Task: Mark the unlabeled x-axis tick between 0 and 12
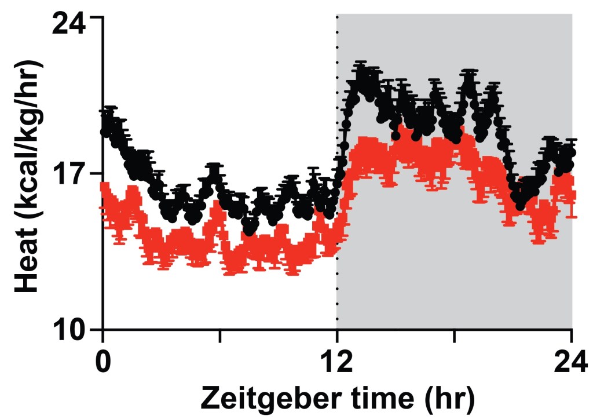[x=219, y=335]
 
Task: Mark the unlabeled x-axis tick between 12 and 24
[x=454, y=335]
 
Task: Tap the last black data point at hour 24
[x=571, y=153]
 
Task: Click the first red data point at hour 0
[x=104, y=187]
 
